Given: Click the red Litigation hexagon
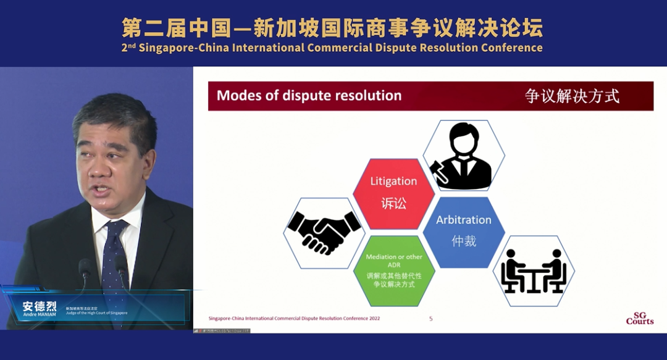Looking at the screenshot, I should coord(393,193).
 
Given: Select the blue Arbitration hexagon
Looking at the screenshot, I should coord(464,231).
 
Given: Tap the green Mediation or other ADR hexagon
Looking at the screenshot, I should coord(394,269).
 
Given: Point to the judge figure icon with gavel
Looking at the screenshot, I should coord(463,156).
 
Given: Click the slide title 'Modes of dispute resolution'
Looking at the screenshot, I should coord(309,96).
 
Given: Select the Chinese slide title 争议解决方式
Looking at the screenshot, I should coord(572,96).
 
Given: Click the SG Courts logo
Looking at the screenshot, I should coord(639,318).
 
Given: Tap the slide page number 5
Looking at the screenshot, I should coord(431,319).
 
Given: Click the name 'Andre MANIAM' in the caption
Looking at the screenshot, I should coord(39,314).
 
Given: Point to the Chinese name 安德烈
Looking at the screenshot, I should coord(39,306).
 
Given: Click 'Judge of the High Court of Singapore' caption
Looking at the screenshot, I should coord(96,313).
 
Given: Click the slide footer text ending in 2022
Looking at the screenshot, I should coord(294,319).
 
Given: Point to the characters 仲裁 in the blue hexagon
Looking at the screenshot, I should coord(464,241).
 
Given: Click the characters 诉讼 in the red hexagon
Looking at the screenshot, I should coord(393,203).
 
